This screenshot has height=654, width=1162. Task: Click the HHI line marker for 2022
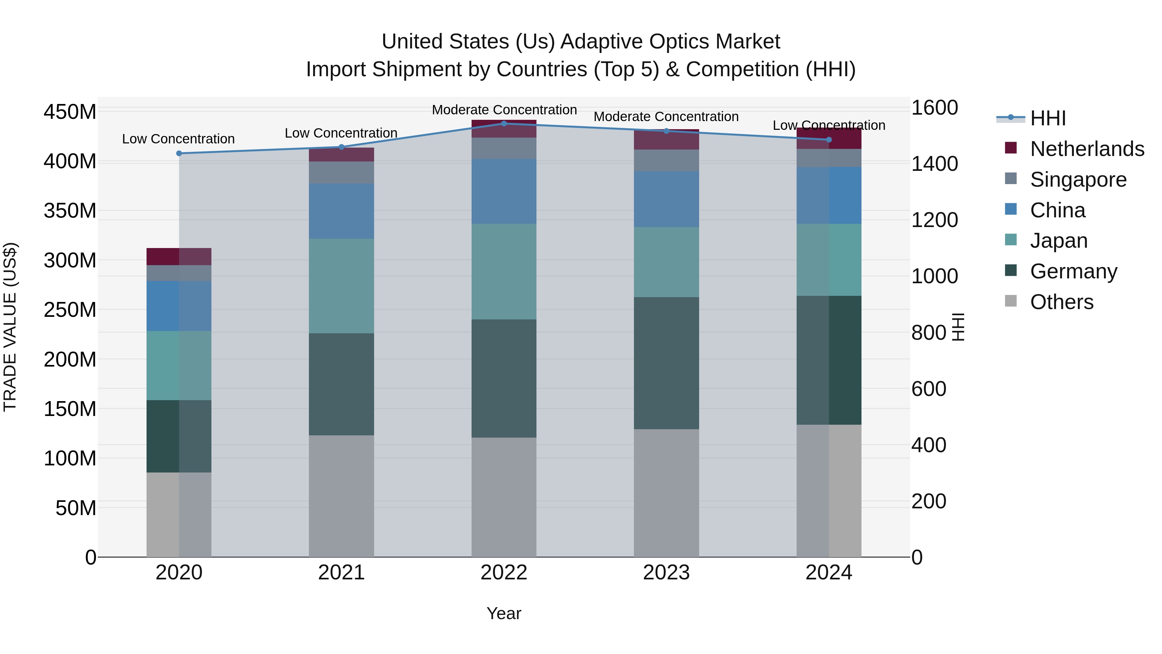pos(504,124)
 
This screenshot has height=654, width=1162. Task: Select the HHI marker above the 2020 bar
pos(179,153)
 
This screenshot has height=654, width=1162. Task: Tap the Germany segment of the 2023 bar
pos(666,363)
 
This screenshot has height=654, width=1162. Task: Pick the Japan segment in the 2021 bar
pos(341,286)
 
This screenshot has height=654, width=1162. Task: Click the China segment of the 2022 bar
pos(504,192)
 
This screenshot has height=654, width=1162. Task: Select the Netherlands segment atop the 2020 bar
pos(179,256)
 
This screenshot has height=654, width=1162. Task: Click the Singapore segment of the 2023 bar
pos(666,160)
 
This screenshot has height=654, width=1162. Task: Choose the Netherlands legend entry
pos(1087,149)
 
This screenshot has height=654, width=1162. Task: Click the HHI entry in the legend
pos(1047,118)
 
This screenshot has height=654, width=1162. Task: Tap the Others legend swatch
pos(1011,301)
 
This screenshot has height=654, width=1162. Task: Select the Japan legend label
pos(1058,241)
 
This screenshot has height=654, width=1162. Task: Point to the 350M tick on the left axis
pos(70,211)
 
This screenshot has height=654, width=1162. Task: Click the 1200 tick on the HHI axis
pos(934,220)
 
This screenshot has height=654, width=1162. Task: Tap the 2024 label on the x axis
pos(829,573)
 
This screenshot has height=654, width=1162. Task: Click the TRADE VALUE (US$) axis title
pos(10,327)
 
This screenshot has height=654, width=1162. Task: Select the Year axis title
pos(504,613)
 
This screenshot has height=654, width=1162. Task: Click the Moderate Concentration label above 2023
pos(666,117)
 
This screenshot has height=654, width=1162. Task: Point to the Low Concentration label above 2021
pos(341,133)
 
